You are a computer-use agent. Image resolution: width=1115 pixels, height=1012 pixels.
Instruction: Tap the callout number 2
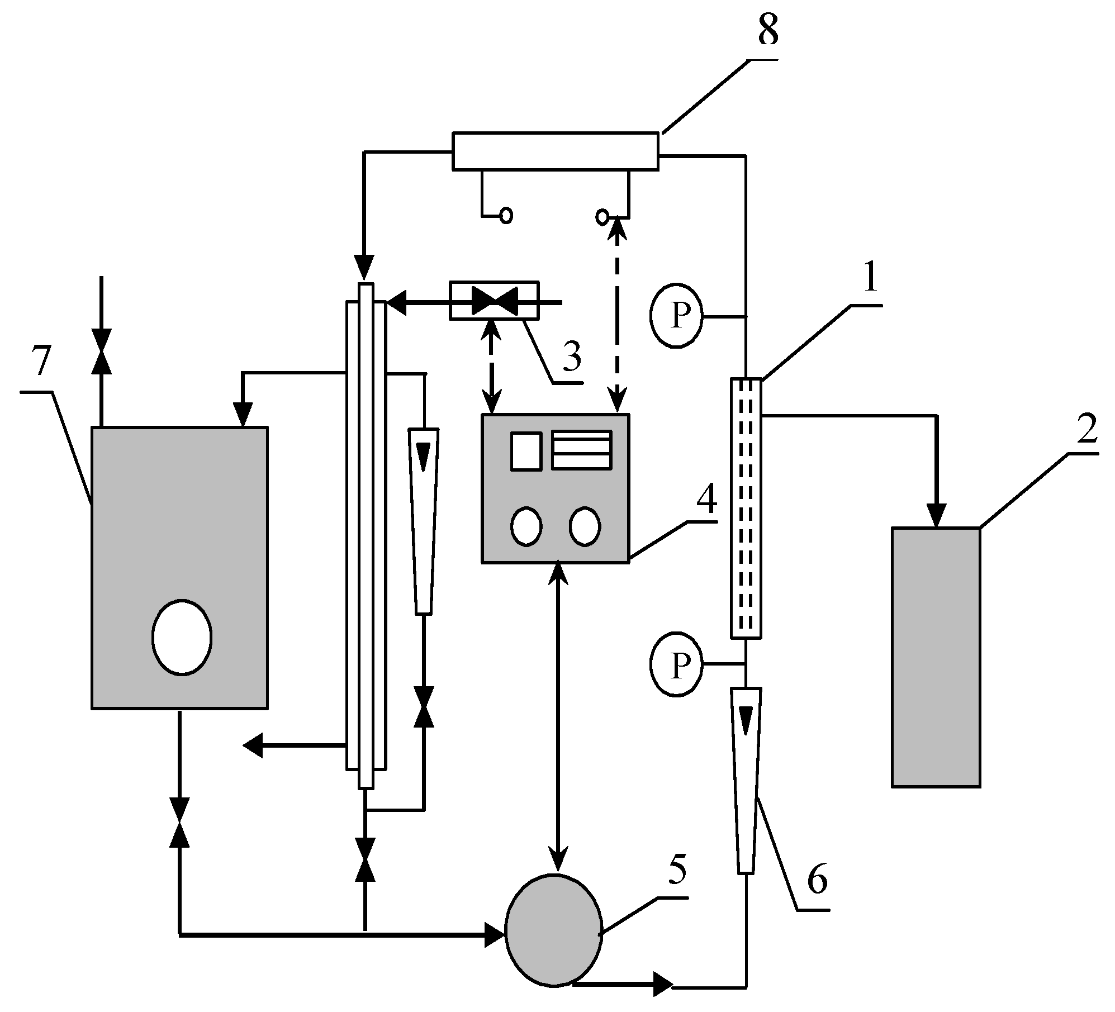pyautogui.click(x=1085, y=429)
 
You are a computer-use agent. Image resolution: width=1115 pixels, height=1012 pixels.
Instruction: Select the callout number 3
pyautogui.click(x=571, y=356)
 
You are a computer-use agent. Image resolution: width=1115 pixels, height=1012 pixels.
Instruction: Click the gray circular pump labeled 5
pyautogui.click(x=553, y=929)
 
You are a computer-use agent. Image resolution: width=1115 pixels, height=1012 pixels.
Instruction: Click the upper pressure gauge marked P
pyautogui.click(x=677, y=316)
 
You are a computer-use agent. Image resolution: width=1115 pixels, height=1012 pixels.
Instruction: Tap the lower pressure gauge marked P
pyautogui.click(x=677, y=664)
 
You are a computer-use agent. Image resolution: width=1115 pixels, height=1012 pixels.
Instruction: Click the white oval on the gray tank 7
pyautogui.click(x=182, y=638)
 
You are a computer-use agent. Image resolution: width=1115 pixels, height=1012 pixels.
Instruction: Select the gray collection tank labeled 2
pyautogui.click(x=935, y=657)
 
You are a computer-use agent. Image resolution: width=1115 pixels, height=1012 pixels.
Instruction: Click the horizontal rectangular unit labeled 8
pyautogui.click(x=555, y=150)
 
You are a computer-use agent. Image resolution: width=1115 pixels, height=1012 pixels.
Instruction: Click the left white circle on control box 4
pyautogui.click(x=526, y=525)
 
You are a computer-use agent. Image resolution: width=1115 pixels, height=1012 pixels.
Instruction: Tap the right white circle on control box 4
pyautogui.click(x=585, y=525)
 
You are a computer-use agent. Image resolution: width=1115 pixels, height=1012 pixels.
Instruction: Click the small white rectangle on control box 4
pyautogui.click(x=526, y=451)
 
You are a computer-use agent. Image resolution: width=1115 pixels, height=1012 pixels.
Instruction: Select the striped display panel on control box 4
pyautogui.click(x=581, y=449)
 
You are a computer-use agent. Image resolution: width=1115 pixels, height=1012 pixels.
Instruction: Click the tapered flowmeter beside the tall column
pyautogui.click(x=424, y=521)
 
